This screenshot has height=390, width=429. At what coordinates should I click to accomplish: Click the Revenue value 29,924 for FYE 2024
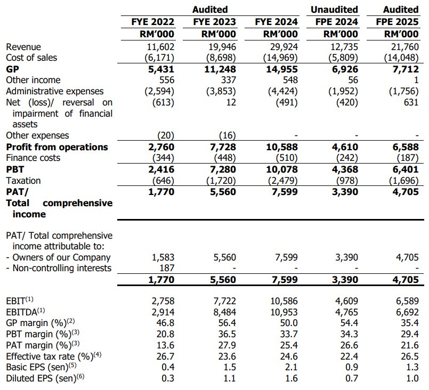(283, 46)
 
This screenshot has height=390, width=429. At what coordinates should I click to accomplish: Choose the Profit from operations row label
(57, 147)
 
